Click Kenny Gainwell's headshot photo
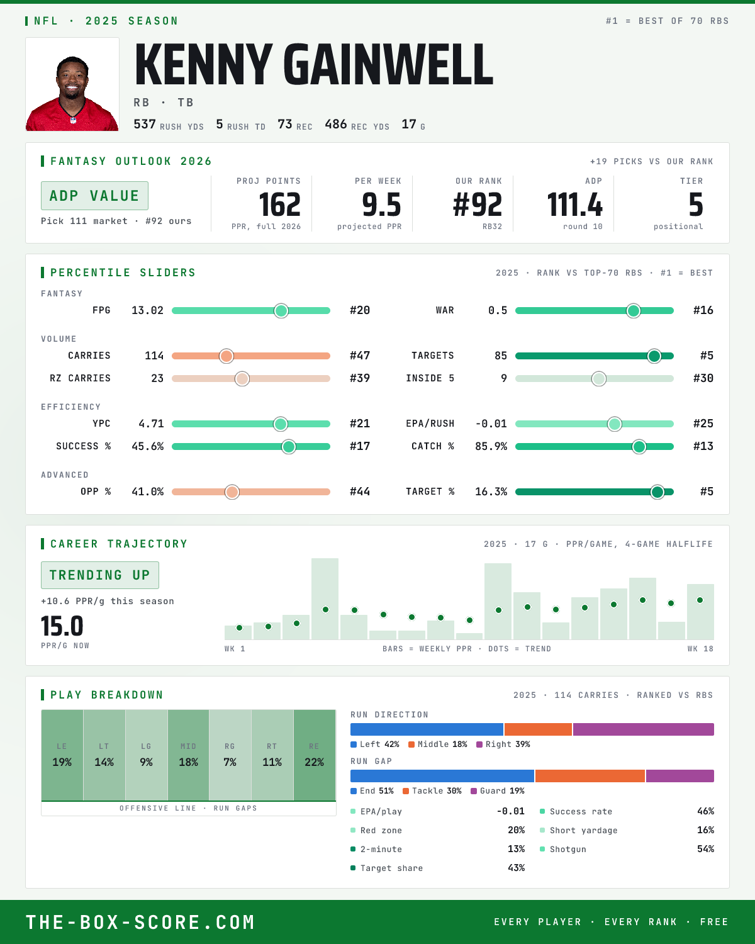coord(72,84)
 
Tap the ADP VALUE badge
coord(94,196)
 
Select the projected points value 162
coord(279,205)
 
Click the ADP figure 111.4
coord(574,205)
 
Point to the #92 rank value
coord(478,205)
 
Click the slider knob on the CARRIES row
coord(226,356)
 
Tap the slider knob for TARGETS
coord(654,356)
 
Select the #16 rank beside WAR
coord(703,310)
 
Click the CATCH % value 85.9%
coord(491,447)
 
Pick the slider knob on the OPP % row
coord(232,492)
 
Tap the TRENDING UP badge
coord(100,575)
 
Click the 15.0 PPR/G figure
coord(62,626)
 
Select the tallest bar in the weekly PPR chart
coord(325,598)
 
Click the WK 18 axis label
coord(700,649)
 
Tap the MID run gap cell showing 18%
coord(188,755)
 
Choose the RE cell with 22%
coord(315,755)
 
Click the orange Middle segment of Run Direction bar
coord(539,729)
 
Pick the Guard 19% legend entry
coord(498,791)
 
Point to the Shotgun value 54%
coord(705,849)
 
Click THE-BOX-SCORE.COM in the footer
coord(140,923)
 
